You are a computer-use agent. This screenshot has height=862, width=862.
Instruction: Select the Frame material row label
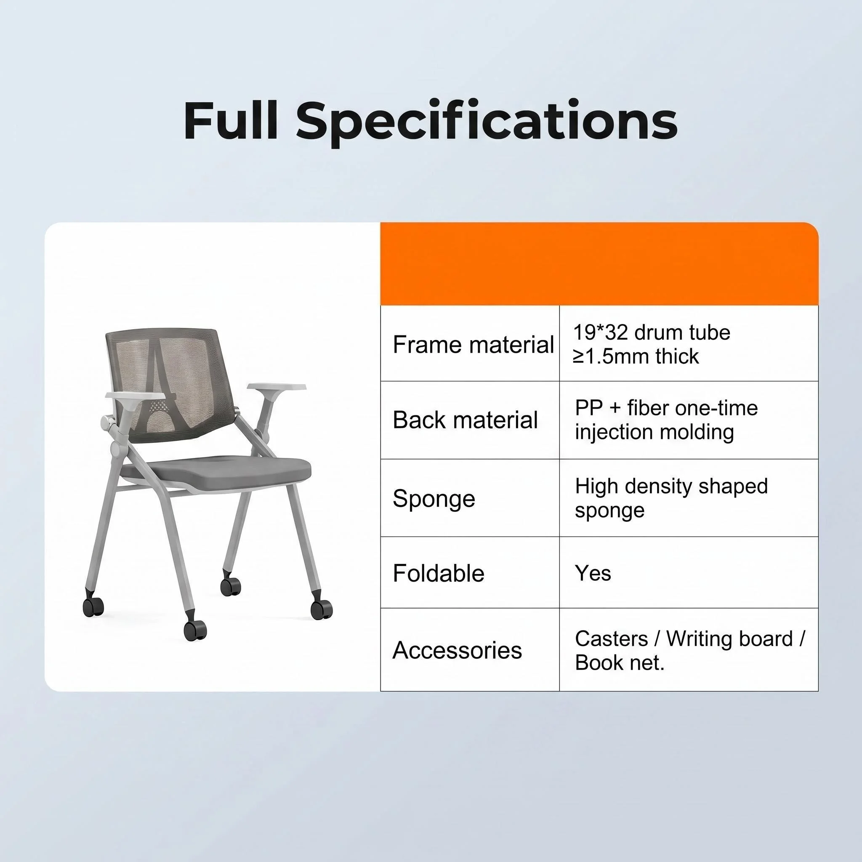[x=474, y=345]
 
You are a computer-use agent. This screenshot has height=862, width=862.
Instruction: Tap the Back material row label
[x=466, y=420]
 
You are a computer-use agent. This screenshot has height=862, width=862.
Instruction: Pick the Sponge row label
[x=434, y=499]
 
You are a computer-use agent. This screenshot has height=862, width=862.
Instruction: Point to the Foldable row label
[x=439, y=573]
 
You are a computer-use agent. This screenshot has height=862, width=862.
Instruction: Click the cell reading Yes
[x=593, y=573]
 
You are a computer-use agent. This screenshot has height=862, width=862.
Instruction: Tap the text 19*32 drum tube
[x=652, y=333]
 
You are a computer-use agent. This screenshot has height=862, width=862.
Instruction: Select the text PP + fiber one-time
[x=666, y=408]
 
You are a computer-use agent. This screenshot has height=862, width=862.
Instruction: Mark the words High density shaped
[x=671, y=486]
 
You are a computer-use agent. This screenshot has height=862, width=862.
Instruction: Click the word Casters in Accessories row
[x=611, y=639]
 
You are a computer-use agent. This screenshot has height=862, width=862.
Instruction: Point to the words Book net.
[x=620, y=662]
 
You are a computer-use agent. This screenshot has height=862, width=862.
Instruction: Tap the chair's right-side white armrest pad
[x=277, y=387]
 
